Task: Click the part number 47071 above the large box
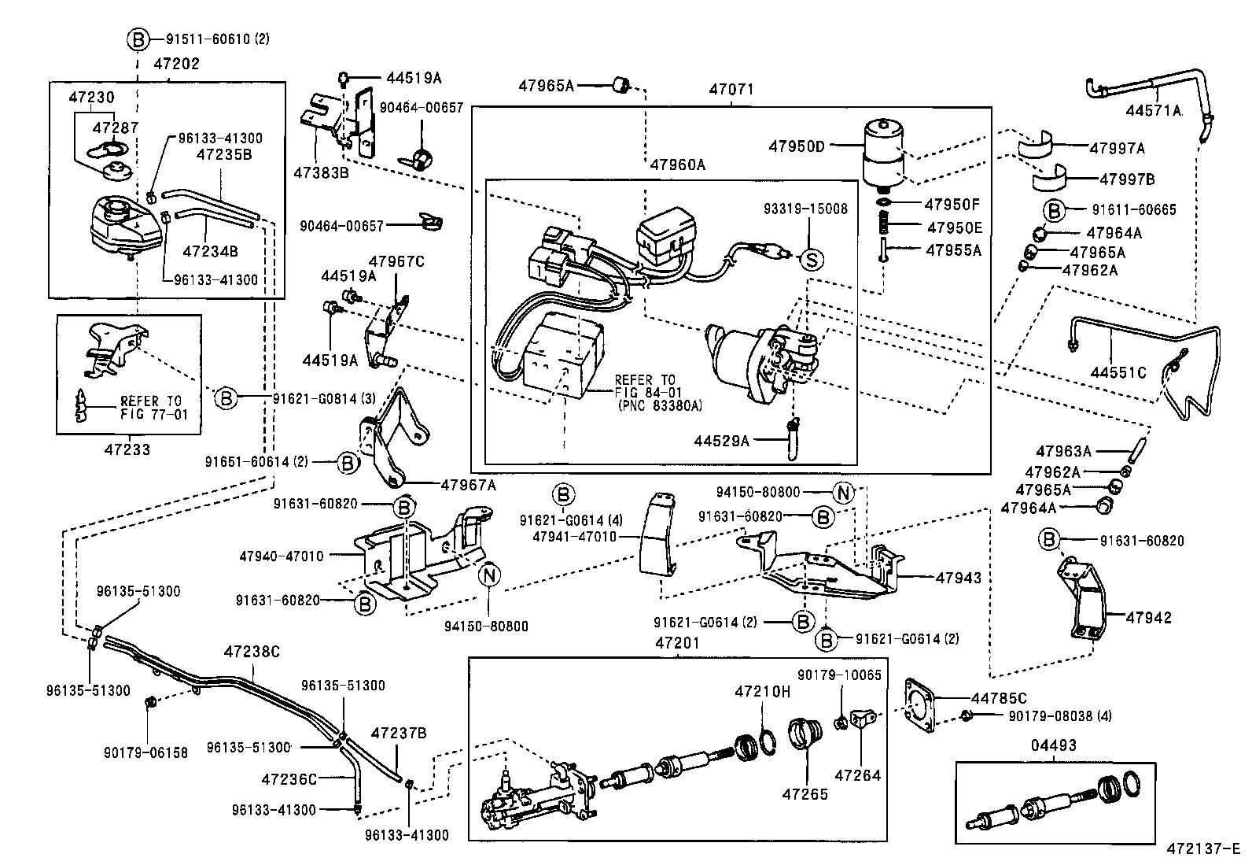click(x=731, y=90)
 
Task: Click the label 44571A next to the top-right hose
click(x=1154, y=111)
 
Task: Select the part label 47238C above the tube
click(x=252, y=652)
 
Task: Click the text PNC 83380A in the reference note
click(x=658, y=406)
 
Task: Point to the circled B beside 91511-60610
click(x=137, y=39)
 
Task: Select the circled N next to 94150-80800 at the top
click(x=843, y=493)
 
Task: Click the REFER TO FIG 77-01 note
click(x=154, y=407)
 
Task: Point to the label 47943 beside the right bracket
click(x=958, y=578)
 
